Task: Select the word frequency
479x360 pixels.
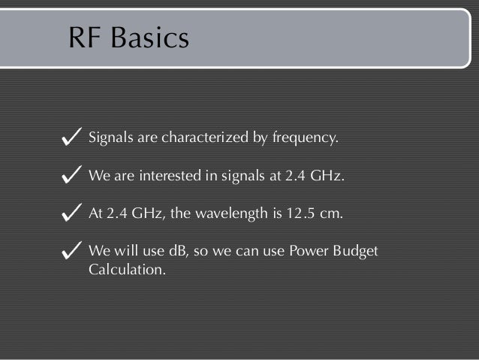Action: point(306,139)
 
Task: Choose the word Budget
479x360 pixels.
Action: point(356,251)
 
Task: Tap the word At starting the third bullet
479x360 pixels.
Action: point(95,213)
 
